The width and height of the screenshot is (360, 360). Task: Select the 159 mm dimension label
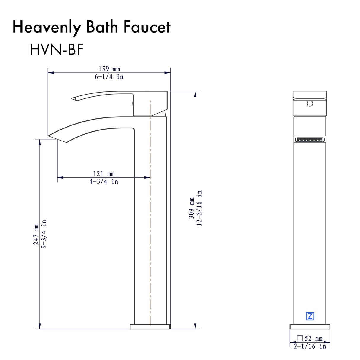tap(109, 69)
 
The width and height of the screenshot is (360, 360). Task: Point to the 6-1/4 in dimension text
tap(109, 77)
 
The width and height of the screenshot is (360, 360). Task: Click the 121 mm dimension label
tap(104, 174)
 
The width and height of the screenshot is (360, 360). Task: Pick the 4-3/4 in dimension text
tap(104, 181)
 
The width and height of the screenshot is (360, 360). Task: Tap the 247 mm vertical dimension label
tap(36, 234)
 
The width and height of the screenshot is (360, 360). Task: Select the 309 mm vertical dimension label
tap(192, 208)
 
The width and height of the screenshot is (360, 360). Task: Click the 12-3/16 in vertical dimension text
tap(199, 208)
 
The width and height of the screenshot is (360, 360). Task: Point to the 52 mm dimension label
tap(313, 339)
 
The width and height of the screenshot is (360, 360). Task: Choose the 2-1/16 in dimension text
tap(310, 346)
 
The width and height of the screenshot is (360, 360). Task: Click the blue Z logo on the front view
tap(310, 316)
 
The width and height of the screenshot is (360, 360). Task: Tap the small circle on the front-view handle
tap(310, 104)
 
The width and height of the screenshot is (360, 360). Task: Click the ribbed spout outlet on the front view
tap(310, 140)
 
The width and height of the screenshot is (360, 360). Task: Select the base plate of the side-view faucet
tap(150, 326)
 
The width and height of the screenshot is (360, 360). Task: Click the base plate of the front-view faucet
tap(310, 327)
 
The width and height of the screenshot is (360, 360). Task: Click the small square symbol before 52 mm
tap(300, 338)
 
